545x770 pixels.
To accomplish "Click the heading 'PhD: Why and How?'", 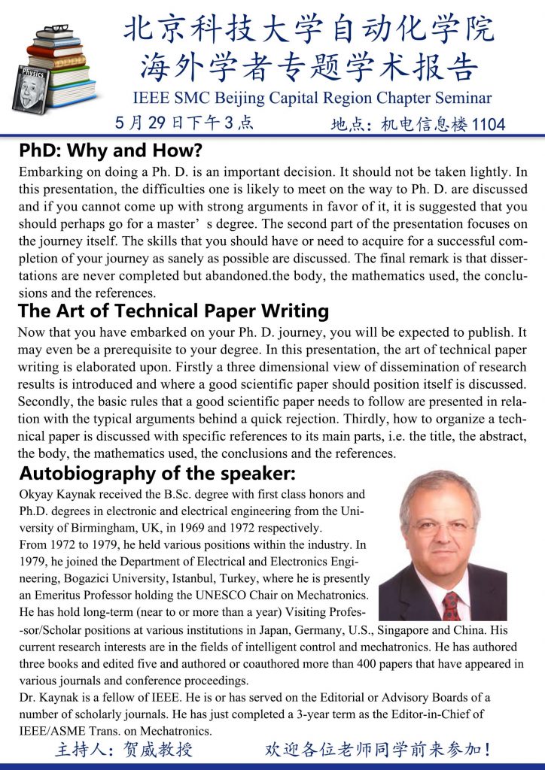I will pyautogui.click(x=111, y=150).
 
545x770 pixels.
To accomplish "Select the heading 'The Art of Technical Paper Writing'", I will pyautogui.click(x=173, y=311).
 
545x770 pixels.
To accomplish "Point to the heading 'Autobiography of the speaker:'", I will pyautogui.click(x=157, y=474).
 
